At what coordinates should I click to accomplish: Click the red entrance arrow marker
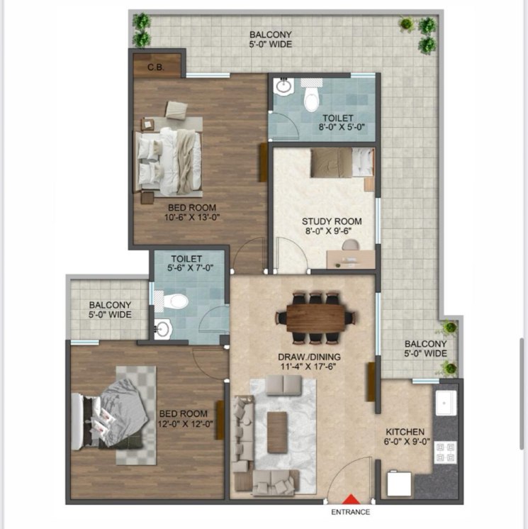[x=351, y=500]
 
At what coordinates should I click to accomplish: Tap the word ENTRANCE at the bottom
[x=351, y=512]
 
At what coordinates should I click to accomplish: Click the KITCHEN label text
[x=405, y=431]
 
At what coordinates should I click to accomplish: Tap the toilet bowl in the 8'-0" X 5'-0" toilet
[x=311, y=99]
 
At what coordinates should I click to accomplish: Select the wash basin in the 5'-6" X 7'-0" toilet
[x=164, y=328]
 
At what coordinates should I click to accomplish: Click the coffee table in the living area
[x=277, y=431]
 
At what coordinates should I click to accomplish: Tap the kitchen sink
[x=446, y=403]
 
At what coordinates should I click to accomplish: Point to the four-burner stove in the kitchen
[x=446, y=452]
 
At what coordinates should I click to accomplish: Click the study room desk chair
[x=350, y=246]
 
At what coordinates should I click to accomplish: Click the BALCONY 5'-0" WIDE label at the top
[x=271, y=39]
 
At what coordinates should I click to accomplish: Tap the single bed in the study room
[x=340, y=162]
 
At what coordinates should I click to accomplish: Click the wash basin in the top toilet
[x=284, y=87]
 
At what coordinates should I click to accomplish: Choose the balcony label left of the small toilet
[x=110, y=309]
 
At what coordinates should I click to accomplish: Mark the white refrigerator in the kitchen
[x=400, y=485]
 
